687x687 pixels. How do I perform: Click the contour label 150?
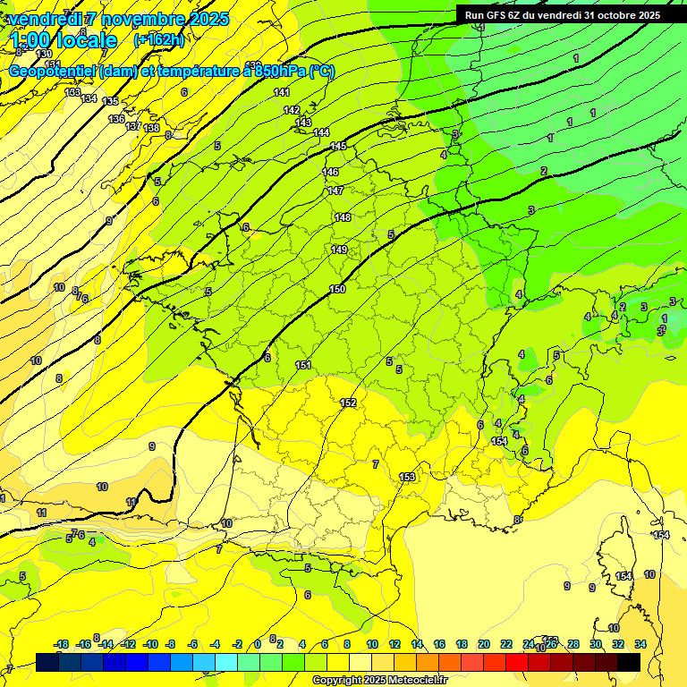pos(337,289)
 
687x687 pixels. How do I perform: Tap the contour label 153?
pos(408,477)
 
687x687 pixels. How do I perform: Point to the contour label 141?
pos(282,92)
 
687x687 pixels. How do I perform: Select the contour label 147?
pos(335,191)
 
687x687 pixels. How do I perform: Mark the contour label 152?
pos(348,403)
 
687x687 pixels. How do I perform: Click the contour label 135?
pos(110,101)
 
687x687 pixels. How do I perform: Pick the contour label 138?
pos(151,128)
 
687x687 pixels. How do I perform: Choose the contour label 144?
pos(321,132)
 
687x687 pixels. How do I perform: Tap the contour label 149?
pos(339,250)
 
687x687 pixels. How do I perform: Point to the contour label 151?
pos(303,365)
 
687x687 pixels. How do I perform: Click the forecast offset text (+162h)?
pos(158,39)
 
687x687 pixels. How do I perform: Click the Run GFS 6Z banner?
pos(562,14)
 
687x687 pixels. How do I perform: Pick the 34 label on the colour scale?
pos(640,644)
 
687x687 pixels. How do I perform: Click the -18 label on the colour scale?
pos(62,644)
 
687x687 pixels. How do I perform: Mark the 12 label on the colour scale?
pos(394,644)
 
